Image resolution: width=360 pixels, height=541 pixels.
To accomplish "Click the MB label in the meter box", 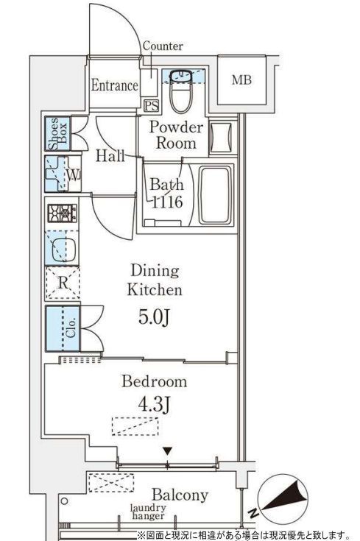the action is coord(241,80).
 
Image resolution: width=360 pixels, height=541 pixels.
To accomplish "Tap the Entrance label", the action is coord(115,85).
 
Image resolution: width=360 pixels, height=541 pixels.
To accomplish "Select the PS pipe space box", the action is coord(151,105).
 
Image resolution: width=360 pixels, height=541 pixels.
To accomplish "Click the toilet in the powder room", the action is coord(182,91).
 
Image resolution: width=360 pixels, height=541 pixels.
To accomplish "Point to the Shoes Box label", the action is coord(59,133).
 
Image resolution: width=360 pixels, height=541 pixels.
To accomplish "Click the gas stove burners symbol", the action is coord(63,213).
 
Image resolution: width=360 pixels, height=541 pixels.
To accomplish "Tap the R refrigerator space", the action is coord(63,283).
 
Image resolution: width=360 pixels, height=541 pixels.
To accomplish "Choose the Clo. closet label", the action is coord(71,328).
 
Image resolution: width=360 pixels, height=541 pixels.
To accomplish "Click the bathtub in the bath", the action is coord(214,195).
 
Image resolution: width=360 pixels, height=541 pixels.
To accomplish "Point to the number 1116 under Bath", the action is coord(167,202).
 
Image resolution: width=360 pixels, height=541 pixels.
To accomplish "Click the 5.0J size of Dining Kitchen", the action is coord(154,317).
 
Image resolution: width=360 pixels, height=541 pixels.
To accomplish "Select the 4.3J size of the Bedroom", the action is coord(154,404).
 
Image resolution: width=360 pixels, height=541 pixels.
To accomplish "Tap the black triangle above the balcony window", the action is coord(168,451).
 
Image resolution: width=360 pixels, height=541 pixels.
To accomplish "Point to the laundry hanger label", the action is coord(148,512).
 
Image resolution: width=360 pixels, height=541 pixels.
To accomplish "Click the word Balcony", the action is coord(180,495).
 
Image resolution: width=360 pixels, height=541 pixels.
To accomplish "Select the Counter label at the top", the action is coord(163,46).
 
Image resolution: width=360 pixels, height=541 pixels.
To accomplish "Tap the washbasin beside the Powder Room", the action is coord(222,138).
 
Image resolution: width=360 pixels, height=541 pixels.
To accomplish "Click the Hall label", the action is coord(110,156).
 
